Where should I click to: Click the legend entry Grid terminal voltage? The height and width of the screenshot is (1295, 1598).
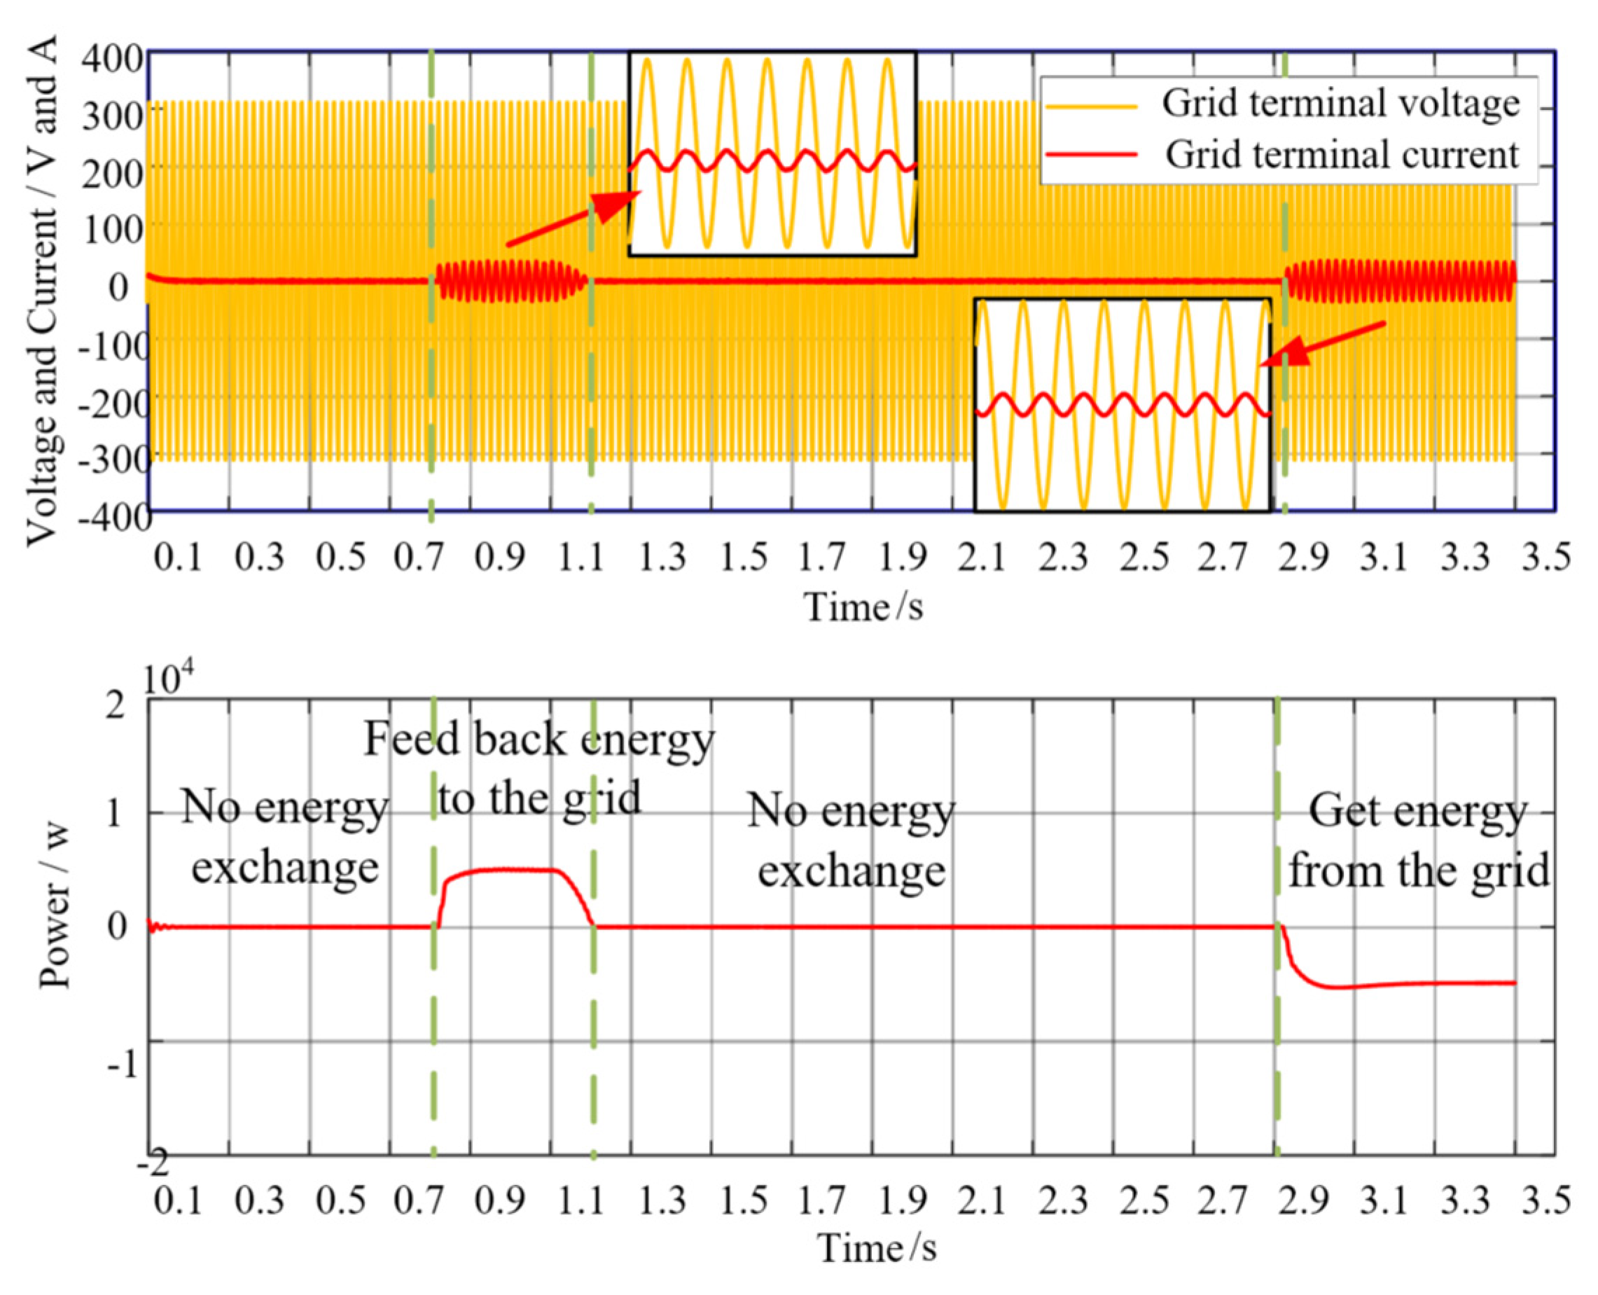[1339, 103]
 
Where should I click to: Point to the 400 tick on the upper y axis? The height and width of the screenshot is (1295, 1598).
[112, 58]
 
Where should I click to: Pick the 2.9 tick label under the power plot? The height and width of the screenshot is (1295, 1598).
[1302, 1200]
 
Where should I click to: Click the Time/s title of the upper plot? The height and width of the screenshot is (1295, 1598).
[863, 606]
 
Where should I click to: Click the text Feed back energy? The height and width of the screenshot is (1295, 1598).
[539, 740]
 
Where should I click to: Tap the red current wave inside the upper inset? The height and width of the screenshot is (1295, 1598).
[772, 160]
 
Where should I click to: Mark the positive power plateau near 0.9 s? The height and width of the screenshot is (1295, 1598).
[507, 869]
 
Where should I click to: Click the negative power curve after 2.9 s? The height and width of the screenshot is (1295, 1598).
[1417, 984]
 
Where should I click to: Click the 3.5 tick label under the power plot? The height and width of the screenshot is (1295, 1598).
[1545, 1200]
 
